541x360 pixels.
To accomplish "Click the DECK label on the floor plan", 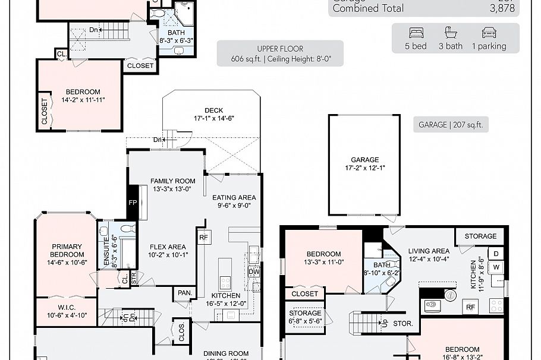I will coord(213,110).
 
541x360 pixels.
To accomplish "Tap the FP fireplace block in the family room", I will coord(132,202).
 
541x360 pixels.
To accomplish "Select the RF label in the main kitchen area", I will coord(204,236).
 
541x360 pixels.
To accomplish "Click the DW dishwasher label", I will coord(254,272).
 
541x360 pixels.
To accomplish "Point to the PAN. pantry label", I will coord(184,292).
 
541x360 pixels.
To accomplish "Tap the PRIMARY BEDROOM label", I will coord(66,250).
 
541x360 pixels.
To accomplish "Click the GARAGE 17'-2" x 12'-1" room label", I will coord(364,164).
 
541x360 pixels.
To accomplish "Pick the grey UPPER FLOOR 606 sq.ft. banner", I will coord(280,53).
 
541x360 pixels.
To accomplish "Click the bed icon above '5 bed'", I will coord(416,33).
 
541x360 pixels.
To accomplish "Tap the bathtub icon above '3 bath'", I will coord(451,33).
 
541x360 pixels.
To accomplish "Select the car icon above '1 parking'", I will coord(489,33).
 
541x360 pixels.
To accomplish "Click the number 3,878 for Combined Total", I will coord(503,8).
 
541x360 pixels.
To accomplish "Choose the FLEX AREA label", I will coord(167,251).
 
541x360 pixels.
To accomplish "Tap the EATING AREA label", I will coord(234,201).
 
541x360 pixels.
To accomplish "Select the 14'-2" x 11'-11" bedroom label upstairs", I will coord(83,96).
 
